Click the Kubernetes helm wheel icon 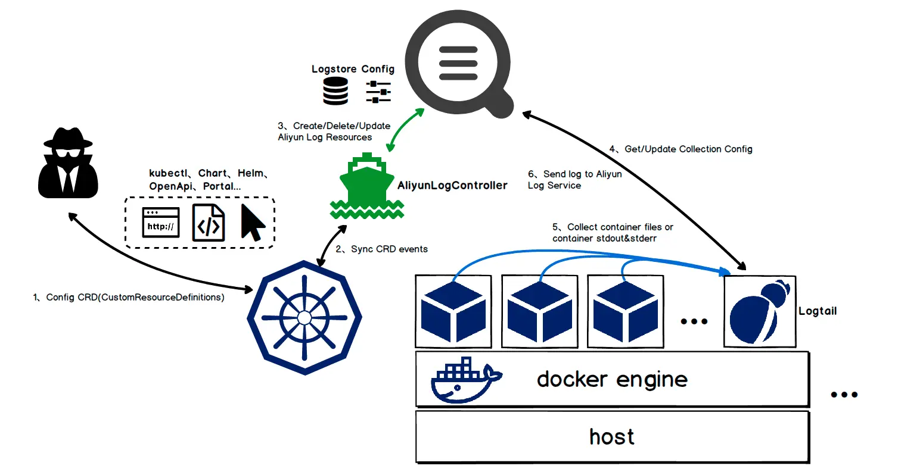[304, 317]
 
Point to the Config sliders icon [378, 92]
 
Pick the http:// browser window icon [161, 223]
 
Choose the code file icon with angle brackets [209, 223]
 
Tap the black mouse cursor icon [252, 223]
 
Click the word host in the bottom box [612, 437]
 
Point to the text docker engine [612, 379]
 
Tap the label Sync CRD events [389, 249]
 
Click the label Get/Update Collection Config [688, 149]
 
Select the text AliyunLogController [452, 185]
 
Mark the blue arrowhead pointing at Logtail [725, 272]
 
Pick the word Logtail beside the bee [818, 311]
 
